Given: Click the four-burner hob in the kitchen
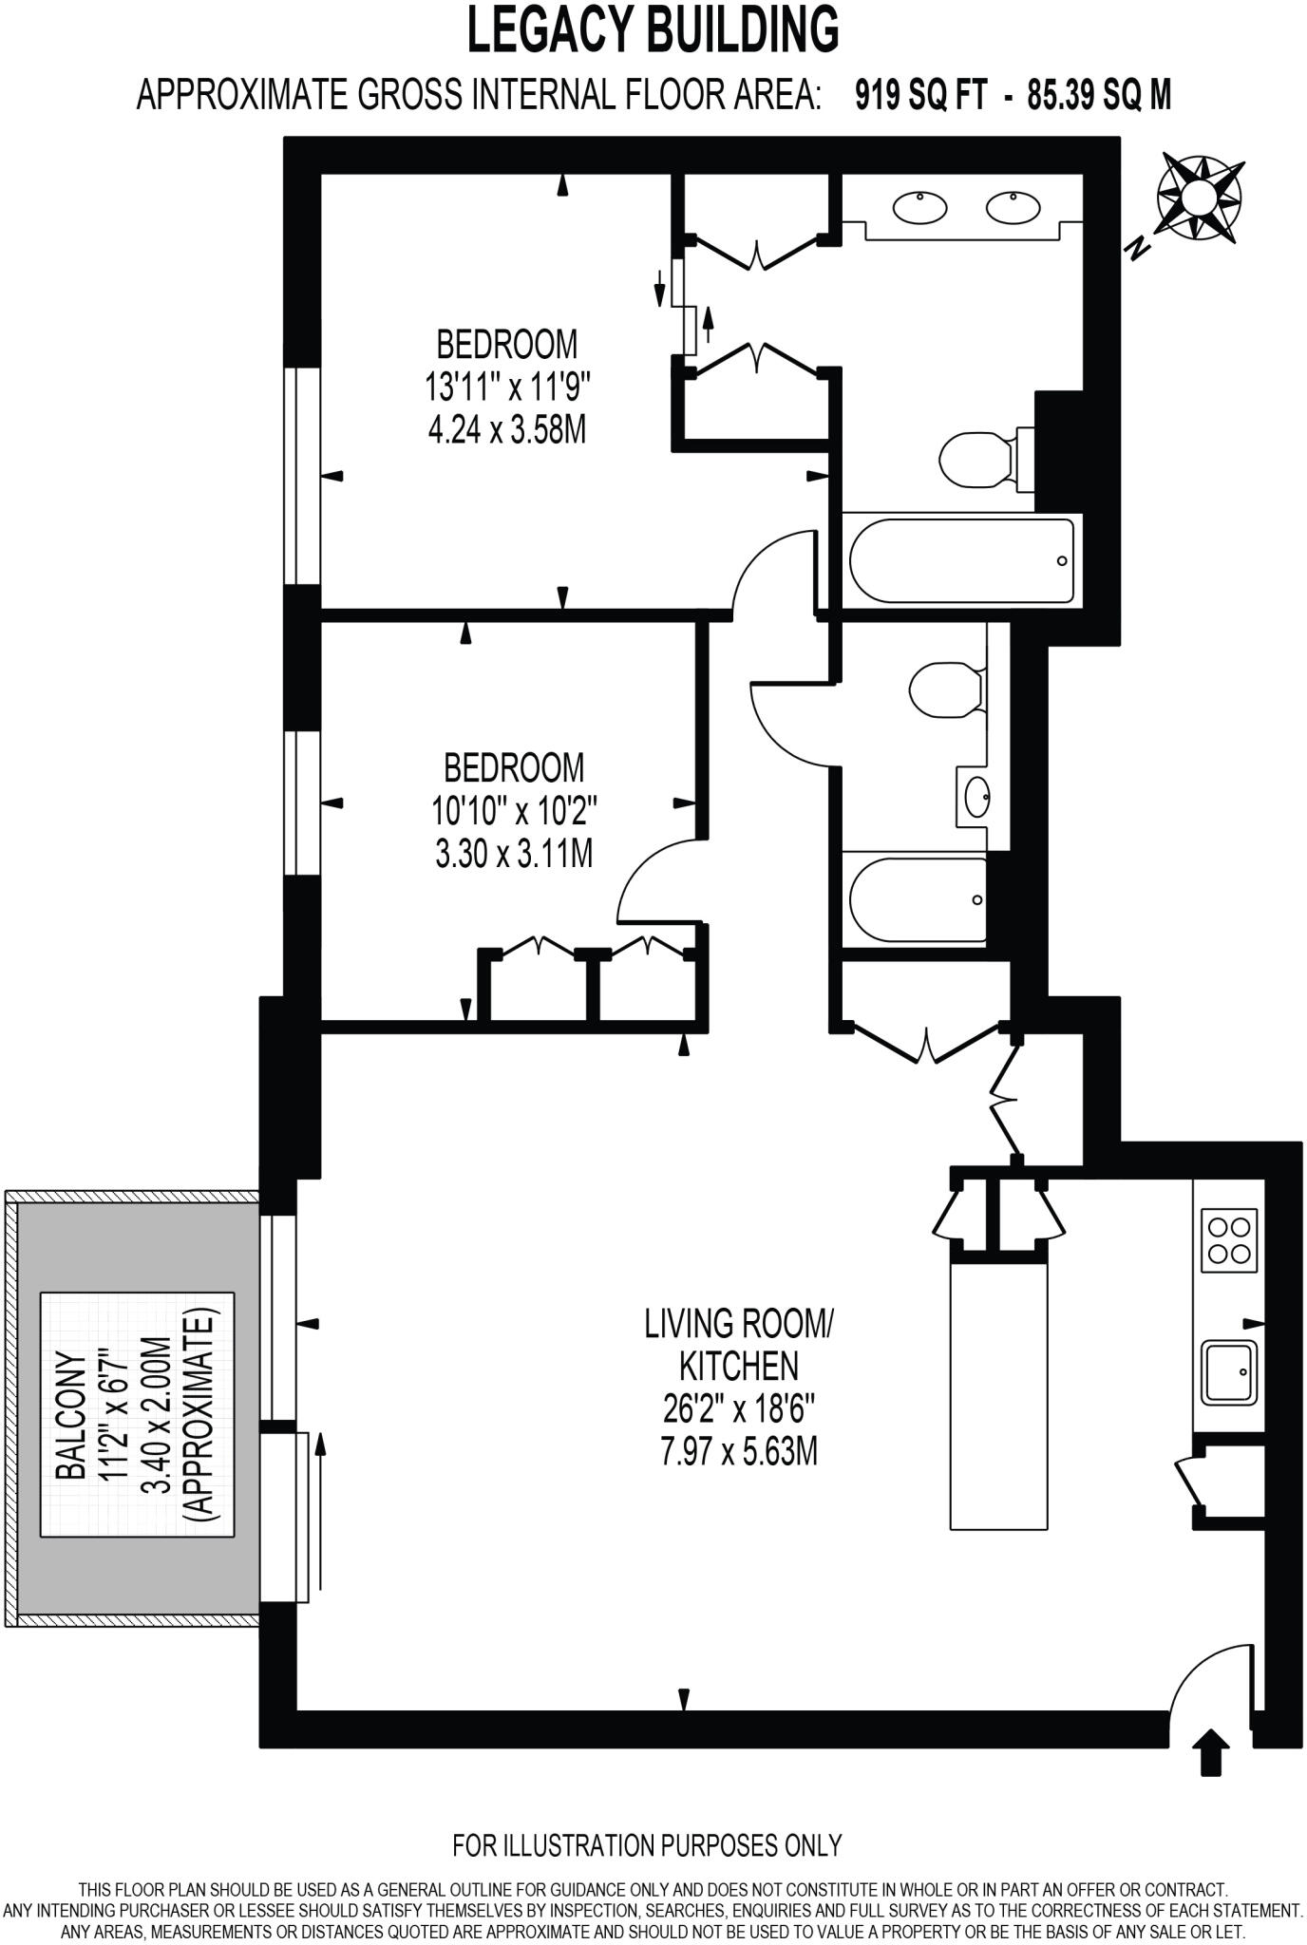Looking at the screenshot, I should pos(1229,1240).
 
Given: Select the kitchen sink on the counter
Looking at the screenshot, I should pos(1229,1371).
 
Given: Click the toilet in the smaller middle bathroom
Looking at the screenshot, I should pos(944,688).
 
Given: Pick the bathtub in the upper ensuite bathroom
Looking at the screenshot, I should pos(959,560).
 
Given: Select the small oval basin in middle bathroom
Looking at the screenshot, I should pos(976,796).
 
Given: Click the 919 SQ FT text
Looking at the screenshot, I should pos(920,95).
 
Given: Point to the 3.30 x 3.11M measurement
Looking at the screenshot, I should pos(514,855).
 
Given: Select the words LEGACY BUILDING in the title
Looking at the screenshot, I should pos(653,30).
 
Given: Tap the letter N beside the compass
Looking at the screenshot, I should pos(1137,249).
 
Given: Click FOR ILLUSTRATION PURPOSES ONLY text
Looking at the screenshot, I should pos(647,1845).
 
